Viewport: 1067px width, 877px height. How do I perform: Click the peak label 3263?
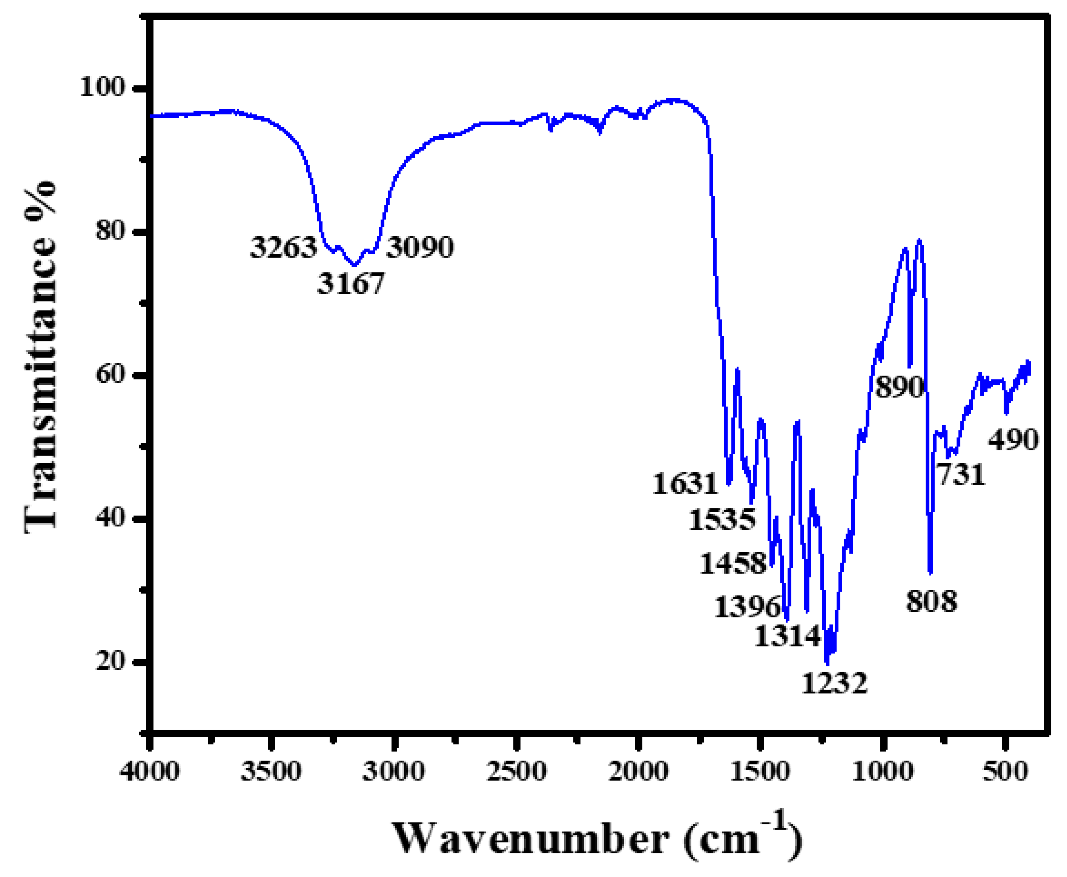click(x=283, y=248)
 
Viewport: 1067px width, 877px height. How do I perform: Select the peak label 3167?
click(x=350, y=284)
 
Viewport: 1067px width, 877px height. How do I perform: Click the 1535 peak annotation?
click(x=722, y=520)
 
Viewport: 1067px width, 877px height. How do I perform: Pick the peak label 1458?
click(x=733, y=563)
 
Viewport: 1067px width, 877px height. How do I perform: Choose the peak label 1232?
click(x=834, y=683)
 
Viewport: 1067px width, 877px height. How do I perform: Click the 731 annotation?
click(x=961, y=474)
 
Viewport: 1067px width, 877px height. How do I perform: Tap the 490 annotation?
click(x=1012, y=440)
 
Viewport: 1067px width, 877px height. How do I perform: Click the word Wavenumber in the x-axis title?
click(x=531, y=838)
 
